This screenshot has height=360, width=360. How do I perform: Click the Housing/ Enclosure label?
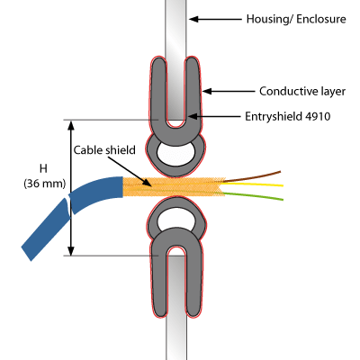[x=296, y=19]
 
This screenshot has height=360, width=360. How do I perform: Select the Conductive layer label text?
[x=302, y=91]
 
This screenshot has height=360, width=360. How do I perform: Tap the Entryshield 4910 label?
[x=288, y=116]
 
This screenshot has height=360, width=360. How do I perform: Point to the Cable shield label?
[x=104, y=150]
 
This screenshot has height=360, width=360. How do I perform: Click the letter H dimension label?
[x=43, y=168]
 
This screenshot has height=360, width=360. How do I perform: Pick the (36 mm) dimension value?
[x=45, y=184]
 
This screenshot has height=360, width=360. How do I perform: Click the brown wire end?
[x=280, y=172]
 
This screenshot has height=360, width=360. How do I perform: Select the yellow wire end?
[x=282, y=185]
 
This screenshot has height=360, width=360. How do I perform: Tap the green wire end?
[x=282, y=199]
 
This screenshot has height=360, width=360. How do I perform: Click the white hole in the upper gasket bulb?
[x=175, y=154]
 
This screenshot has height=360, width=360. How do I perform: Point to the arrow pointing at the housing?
[x=215, y=19]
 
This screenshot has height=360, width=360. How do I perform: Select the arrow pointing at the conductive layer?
[x=229, y=91]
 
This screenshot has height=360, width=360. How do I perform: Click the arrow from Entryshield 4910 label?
[x=215, y=116]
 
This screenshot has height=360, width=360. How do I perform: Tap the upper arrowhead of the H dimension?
[x=71, y=124]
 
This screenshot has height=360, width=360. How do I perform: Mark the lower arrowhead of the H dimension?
[x=71, y=251]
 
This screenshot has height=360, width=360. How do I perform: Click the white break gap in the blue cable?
[x=68, y=206]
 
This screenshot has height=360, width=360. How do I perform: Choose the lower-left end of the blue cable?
[x=26, y=254]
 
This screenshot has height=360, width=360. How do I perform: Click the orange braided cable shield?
[x=174, y=186]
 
